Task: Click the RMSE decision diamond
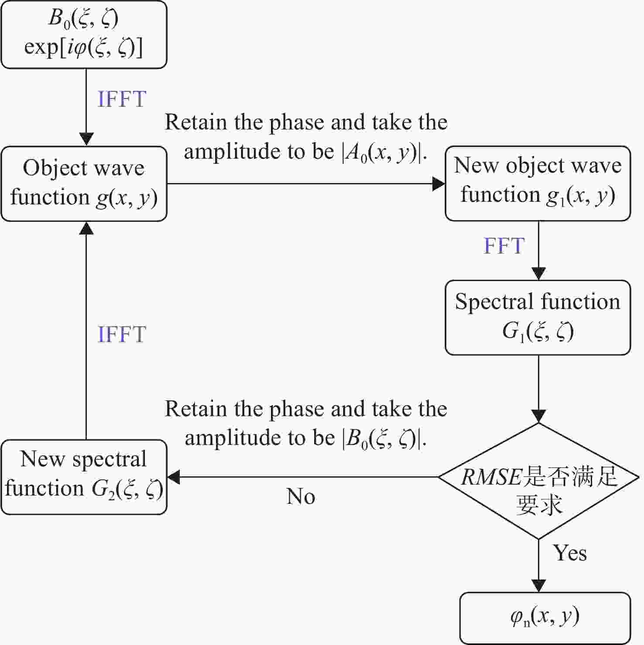click(x=539, y=481)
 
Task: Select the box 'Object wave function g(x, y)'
click(x=84, y=183)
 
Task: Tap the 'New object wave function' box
click(x=538, y=183)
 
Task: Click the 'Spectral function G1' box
click(x=538, y=317)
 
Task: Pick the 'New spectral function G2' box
click(x=84, y=477)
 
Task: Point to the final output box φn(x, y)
click(x=545, y=618)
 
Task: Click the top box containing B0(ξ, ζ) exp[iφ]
click(x=84, y=34)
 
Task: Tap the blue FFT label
click(x=504, y=246)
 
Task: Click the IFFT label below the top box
click(x=122, y=99)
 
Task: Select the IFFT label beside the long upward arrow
click(x=122, y=334)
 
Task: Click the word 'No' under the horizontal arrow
click(x=301, y=496)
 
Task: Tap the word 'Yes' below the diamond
click(x=570, y=553)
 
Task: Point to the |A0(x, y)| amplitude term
click(x=381, y=153)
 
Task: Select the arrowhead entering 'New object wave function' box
click(x=438, y=183)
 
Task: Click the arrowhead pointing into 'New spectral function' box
click(x=174, y=477)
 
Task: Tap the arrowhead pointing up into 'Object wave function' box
click(x=86, y=228)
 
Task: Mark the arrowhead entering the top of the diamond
click(x=539, y=416)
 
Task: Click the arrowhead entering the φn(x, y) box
click(x=539, y=586)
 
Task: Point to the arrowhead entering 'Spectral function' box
click(x=539, y=274)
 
